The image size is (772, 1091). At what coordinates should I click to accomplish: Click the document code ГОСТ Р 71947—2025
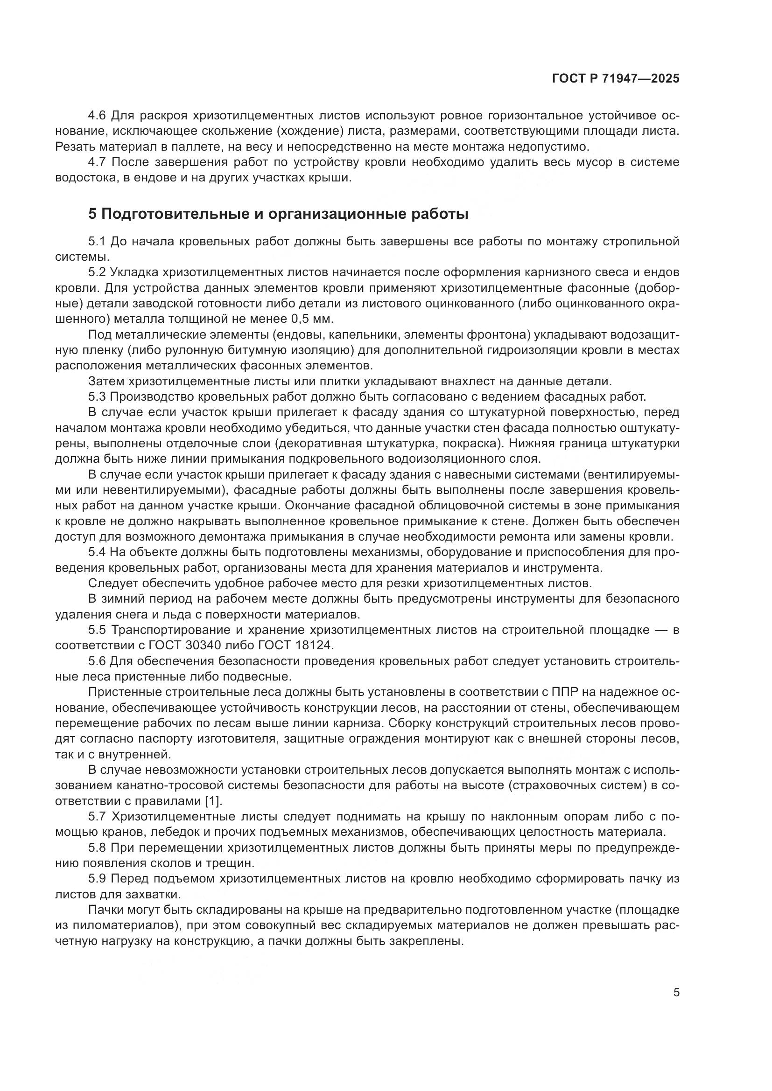(616, 79)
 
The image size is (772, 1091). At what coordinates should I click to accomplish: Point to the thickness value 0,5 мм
(314, 319)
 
